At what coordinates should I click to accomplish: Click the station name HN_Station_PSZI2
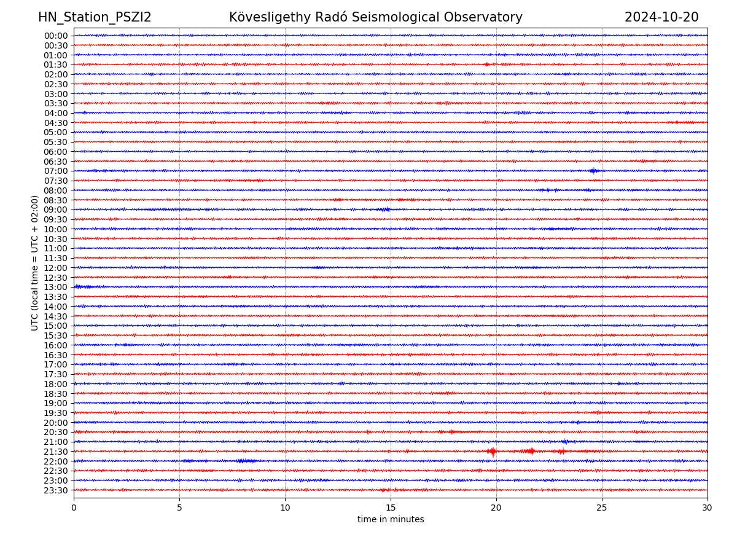(x=95, y=17)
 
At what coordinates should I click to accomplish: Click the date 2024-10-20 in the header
(x=661, y=17)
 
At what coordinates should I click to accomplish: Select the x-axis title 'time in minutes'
(x=391, y=520)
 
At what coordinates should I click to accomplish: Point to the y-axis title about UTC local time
(x=35, y=262)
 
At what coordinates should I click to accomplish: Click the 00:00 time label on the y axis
(x=56, y=36)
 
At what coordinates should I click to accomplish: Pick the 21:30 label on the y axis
(x=56, y=452)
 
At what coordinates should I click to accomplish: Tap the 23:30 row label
(x=56, y=490)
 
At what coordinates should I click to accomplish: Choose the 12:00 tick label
(x=56, y=268)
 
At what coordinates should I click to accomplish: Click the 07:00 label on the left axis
(x=56, y=171)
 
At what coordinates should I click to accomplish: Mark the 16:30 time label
(x=56, y=355)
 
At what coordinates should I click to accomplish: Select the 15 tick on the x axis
(x=391, y=508)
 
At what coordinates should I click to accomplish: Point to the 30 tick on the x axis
(x=708, y=508)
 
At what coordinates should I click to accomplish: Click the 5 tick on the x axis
(x=179, y=508)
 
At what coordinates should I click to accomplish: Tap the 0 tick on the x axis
(x=74, y=508)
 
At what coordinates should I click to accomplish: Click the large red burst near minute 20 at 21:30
(x=492, y=452)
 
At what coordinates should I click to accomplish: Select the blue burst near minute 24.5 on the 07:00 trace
(x=593, y=171)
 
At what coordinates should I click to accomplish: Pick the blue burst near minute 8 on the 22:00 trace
(x=245, y=461)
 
